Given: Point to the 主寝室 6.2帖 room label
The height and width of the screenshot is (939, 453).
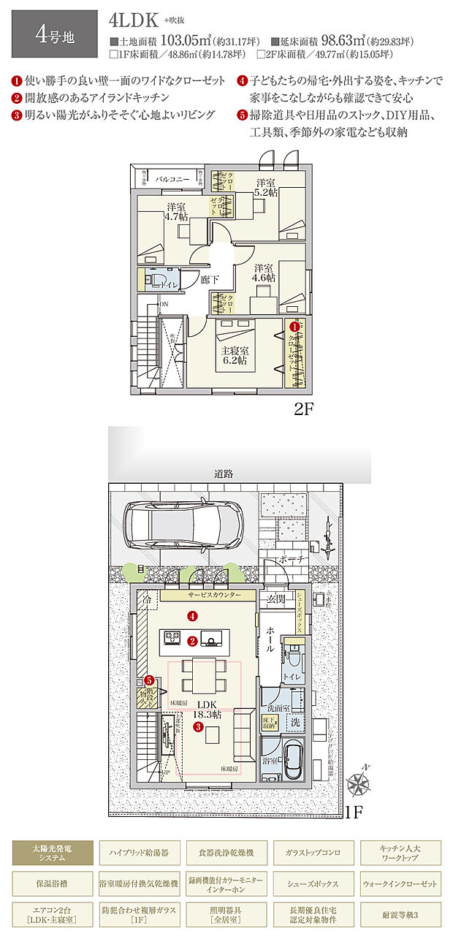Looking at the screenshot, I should [x=234, y=354].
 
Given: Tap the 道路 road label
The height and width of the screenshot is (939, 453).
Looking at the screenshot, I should [x=224, y=474].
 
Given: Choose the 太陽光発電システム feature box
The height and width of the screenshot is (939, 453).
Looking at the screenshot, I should [x=53, y=852].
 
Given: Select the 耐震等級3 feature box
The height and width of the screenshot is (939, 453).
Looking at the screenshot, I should [x=400, y=915].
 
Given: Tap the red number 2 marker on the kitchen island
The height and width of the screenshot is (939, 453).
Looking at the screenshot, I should [x=192, y=641].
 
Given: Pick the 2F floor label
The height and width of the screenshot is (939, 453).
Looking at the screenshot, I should [x=303, y=409].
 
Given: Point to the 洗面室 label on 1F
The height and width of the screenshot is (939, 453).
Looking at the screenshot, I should [x=278, y=708].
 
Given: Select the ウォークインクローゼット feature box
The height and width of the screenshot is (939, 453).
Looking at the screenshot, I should [x=400, y=883].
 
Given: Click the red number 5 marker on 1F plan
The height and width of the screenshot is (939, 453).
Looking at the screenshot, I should [x=149, y=680].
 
